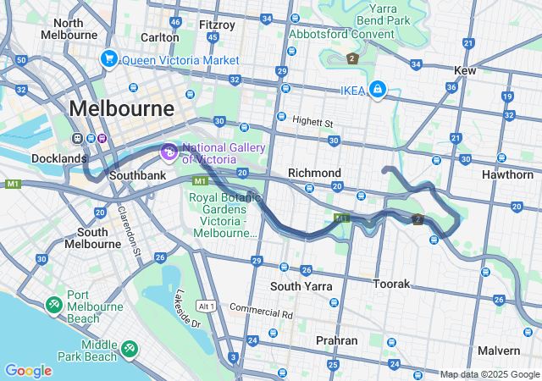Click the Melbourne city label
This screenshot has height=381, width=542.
tap(122, 108)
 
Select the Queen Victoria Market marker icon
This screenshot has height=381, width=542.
tap(108, 59)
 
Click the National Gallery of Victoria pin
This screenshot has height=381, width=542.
tap(168, 152)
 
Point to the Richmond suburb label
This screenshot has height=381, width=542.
tap(314, 173)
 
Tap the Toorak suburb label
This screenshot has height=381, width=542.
tap(392, 284)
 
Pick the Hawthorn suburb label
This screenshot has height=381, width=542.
tap(507, 174)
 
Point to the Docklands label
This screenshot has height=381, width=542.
tap(59, 158)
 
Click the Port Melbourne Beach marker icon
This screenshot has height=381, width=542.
tap(53, 303)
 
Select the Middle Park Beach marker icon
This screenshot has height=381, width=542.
tap(130, 348)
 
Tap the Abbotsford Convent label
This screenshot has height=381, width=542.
tap(342, 34)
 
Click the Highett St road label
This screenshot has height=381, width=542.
tap(313, 122)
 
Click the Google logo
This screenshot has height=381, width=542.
tap(28, 371)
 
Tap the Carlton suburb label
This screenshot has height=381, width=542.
tap(160, 37)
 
